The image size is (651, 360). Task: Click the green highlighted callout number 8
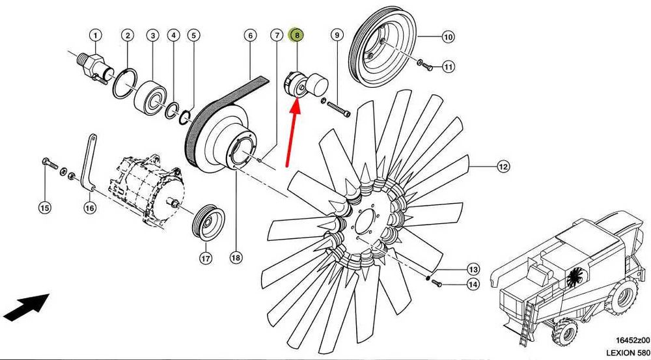(297, 35)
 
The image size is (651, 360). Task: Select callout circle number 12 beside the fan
(503, 167)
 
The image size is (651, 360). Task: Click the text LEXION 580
(627, 352)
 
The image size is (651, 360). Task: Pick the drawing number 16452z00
(628, 340)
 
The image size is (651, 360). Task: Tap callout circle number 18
(236, 258)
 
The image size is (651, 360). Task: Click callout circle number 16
(90, 208)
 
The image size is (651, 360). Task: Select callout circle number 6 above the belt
(250, 35)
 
